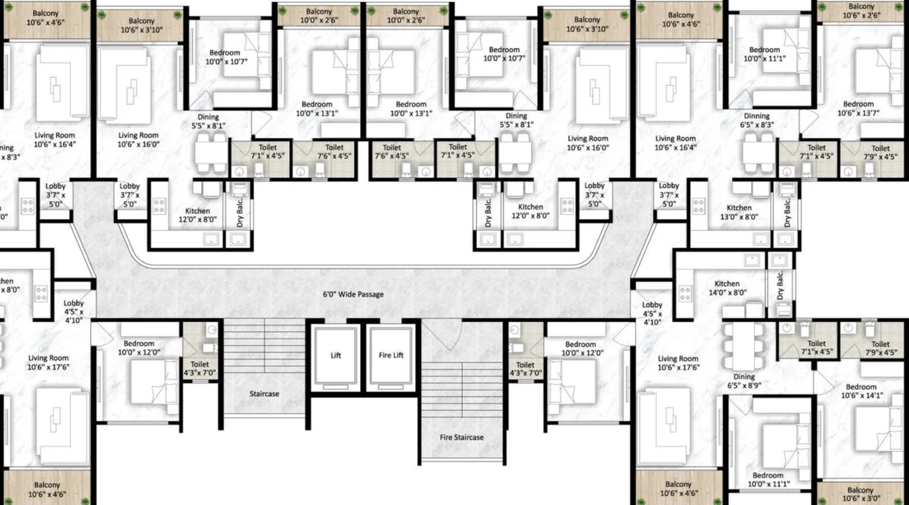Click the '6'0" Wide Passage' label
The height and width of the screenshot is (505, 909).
coord(353,294)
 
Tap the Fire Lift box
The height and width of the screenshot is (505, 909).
coord(391,356)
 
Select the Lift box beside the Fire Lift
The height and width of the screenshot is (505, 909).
coord(336,356)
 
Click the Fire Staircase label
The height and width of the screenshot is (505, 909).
coord(461,437)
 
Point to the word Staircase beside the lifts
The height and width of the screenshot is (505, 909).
coord(264,394)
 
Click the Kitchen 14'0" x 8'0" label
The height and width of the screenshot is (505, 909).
coord(727,288)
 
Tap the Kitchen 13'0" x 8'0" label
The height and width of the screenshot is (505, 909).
coord(739,212)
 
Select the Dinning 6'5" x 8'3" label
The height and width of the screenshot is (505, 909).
coord(757,120)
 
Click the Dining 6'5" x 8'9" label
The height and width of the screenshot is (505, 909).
coord(744,381)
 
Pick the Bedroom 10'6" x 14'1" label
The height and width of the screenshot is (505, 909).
coord(861,391)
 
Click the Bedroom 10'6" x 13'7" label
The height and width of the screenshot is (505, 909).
coord(858,108)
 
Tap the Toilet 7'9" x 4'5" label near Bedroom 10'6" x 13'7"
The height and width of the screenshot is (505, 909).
coord(880,152)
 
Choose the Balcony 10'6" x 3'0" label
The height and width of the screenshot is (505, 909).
coord(860,494)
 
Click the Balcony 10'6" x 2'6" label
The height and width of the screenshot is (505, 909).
coord(861,11)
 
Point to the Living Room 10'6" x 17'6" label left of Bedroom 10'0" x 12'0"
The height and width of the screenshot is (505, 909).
coord(48,362)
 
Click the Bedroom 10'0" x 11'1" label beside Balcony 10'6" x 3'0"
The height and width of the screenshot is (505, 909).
coord(768,479)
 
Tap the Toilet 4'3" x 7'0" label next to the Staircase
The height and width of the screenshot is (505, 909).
coord(199,369)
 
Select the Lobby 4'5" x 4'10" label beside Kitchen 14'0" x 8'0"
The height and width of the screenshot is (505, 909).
coord(652,314)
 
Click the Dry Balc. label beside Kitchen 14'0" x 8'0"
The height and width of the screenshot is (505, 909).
coord(780,286)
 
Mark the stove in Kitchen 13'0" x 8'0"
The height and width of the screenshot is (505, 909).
coord(698,206)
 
